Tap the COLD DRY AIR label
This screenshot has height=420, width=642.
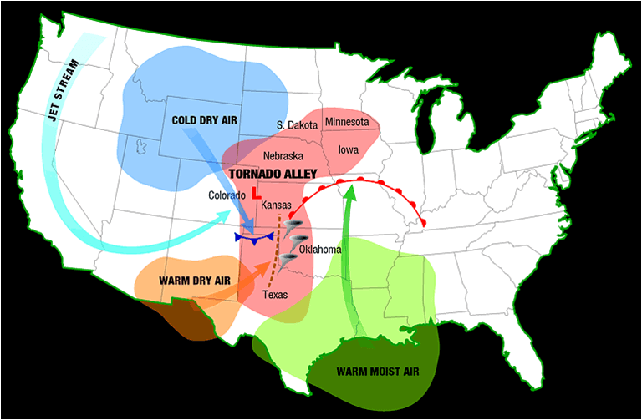[x=205, y=120]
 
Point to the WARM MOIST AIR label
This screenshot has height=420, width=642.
[x=377, y=372]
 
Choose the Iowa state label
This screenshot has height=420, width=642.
[x=349, y=150]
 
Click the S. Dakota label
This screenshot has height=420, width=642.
[x=297, y=125]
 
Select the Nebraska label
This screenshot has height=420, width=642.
[x=283, y=156]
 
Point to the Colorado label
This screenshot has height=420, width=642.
[x=227, y=195]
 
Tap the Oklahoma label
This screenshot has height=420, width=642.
[x=320, y=250]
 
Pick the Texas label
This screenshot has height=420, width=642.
[x=275, y=295]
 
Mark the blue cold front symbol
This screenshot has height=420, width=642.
[x=254, y=238]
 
